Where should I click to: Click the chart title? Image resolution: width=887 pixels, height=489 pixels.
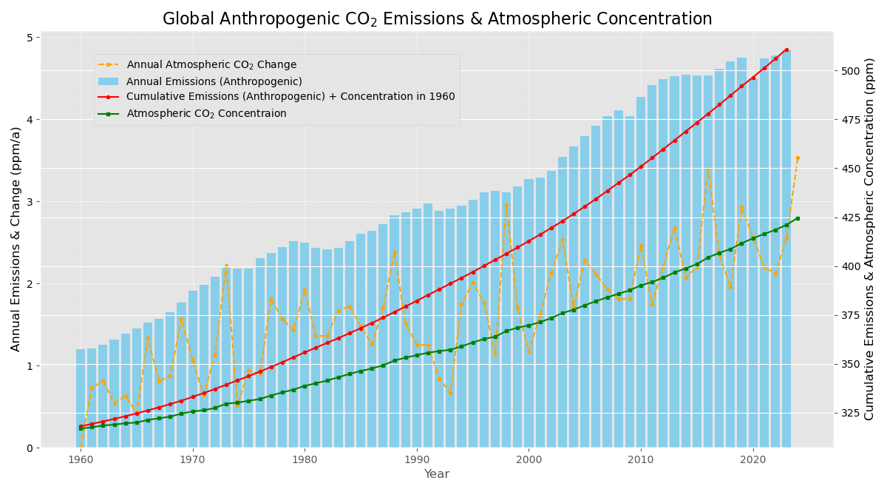(x=437, y=19)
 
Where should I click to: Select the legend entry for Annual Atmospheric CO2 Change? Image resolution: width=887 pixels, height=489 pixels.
(x=211, y=65)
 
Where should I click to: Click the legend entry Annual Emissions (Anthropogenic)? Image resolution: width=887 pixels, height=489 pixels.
(x=214, y=81)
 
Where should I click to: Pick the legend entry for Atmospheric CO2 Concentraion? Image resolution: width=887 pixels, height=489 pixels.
(x=206, y=113)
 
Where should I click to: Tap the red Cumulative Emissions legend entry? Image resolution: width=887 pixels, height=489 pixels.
(x=290, y=97)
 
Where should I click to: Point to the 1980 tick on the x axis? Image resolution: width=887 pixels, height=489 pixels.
(x=305, y=459)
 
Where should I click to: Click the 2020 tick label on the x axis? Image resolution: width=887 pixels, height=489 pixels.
(x=753, y=459)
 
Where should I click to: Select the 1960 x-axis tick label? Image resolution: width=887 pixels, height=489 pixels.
(x=81, y=459)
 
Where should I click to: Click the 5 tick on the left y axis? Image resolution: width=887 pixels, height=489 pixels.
(x=30, y=38)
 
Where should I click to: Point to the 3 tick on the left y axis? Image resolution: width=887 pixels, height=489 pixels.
(x=30, y=202)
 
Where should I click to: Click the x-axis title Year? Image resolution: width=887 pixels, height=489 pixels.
(x=436, y=474)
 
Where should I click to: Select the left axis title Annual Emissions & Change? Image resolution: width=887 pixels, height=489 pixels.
(x=16, y=238)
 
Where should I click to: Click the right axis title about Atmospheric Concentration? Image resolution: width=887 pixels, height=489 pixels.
(x=870, y=238)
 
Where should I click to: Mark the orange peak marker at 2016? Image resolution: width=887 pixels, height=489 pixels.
(x=708, y=170)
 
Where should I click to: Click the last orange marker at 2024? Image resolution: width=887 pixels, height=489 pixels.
(x=798, y=158)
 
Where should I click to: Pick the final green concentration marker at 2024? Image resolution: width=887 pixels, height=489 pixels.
(x=798, y=218)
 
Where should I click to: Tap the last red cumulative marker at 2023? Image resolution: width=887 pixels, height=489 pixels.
(x=786, y=50)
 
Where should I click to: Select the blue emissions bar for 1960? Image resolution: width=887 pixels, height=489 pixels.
(x=81, y=399)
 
